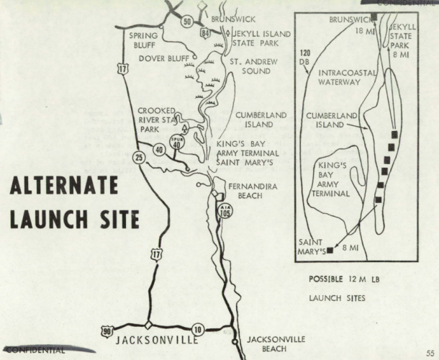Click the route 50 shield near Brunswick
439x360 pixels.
tap(187, 22)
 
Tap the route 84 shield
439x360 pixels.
tap(207, 32)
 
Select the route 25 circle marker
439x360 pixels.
tap(137, 157)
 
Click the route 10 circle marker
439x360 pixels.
tap(198, 330)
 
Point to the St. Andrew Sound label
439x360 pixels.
tap(253, 66)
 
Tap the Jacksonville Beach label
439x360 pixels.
tap(276, 343)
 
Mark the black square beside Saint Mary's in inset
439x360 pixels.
tap(330, 251)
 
